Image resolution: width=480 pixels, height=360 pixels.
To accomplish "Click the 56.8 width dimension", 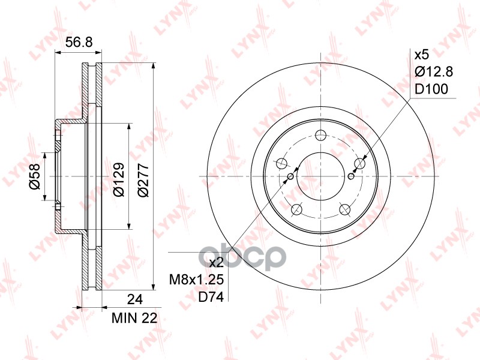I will point(78,42).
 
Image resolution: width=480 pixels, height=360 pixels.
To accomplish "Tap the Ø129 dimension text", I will point(118,177).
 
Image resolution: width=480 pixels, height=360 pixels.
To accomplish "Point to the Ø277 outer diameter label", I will point(142,177).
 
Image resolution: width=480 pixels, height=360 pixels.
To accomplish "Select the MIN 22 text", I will point(134,319).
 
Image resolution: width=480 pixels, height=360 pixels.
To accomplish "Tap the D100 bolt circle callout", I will point(431,90).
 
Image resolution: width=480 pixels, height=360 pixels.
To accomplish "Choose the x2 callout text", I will point(215,263).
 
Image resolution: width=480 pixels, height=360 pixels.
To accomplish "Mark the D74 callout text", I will point(212,297).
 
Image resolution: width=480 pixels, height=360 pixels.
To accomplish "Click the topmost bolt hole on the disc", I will point(320,135).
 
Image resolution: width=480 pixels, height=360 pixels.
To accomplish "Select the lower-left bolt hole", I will point(296,209).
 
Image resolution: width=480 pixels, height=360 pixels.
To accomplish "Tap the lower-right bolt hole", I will point(344,209).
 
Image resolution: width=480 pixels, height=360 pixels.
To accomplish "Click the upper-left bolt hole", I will point(281,163).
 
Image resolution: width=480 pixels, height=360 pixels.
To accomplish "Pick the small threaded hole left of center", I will point(290,176).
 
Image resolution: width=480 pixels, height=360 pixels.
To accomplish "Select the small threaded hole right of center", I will point(351,176).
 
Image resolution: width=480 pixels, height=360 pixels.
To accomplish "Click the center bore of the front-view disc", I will point(320,176).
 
